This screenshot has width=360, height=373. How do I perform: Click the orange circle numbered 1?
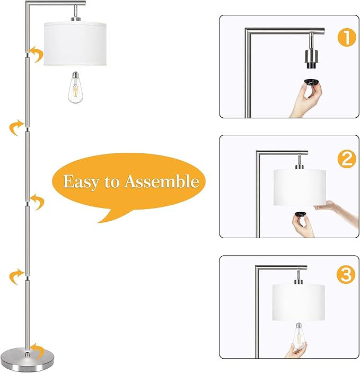pyautogui.click(x=347, y=38)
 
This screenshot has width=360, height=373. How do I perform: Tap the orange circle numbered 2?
pyautogui.click(x=347, y=159)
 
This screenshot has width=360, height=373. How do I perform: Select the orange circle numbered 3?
pyautogui.click(x=346, y=275)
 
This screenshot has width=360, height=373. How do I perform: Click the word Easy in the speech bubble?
pyautogui.click(x=81, y=182)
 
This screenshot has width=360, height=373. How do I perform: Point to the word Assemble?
pyautogui.click(x=162, y=181)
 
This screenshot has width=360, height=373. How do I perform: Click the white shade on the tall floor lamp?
pyautogui.click(x=75, y=44)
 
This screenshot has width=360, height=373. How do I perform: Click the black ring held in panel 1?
pyautogui.click(x=312, y=83)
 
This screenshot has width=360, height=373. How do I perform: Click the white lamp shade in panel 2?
pyautogui.click(x=300, y=187)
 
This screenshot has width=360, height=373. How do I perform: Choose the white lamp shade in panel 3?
pyautogui.click(x=298, y=302)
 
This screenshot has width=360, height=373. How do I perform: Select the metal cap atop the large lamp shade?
pyautogui.click(x=76, y=19)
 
